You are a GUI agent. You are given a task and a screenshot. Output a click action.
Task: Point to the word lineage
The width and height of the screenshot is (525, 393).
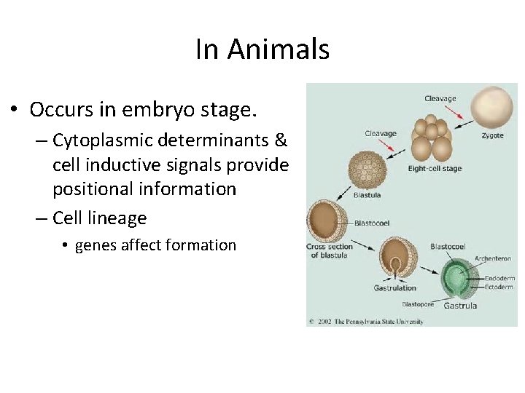click(x=117, y=218)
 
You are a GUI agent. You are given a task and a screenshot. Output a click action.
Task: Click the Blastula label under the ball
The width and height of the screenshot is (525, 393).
click(x=367, y=195)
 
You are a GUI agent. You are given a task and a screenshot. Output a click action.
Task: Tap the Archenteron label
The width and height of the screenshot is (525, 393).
click(x=493, y=258)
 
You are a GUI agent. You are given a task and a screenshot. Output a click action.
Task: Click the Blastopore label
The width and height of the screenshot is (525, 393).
click(x=419, y=304)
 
